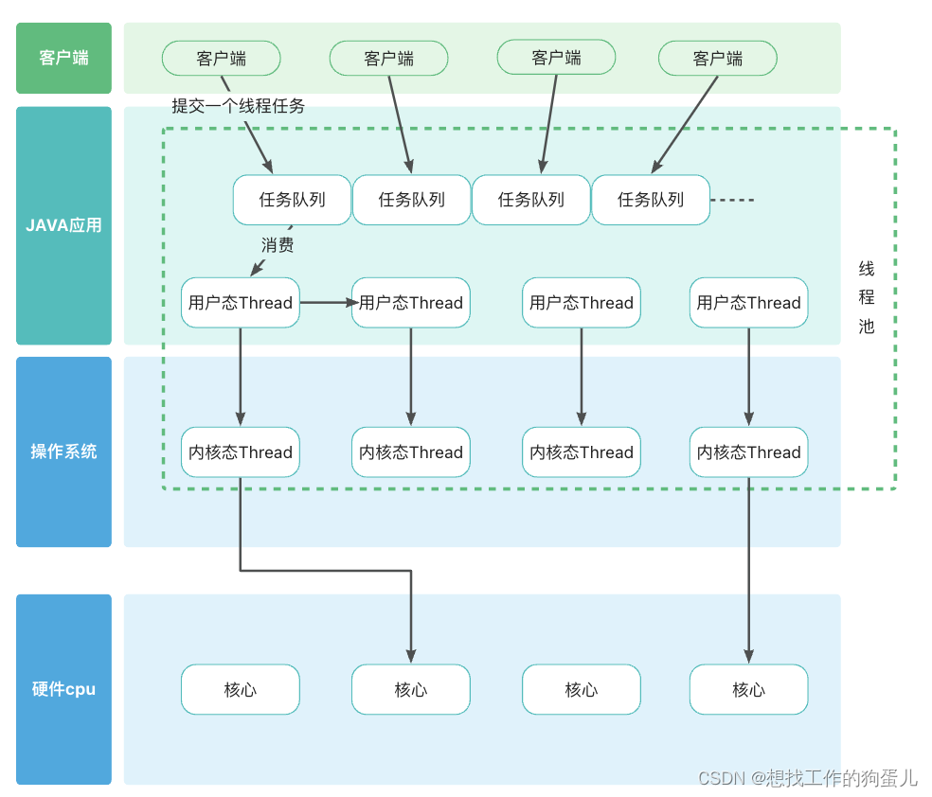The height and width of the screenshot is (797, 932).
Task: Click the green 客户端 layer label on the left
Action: point(63,58)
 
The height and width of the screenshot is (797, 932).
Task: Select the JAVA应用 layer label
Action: point(63,225)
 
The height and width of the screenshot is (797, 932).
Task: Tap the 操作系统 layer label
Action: point(63,452)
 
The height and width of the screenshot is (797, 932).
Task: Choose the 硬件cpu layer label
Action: point(63,689)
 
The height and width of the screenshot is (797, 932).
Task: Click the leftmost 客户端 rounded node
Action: point(221,59)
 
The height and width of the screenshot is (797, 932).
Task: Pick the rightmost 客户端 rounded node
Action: point(717,59)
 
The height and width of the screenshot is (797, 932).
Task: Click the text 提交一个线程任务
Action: point(238,106)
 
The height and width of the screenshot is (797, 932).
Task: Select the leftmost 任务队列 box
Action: point(292,200)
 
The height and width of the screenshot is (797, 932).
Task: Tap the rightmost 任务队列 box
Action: point(650,200)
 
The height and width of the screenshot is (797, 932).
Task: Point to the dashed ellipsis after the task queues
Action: point(733,200)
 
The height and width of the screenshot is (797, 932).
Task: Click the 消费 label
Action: point(278,245)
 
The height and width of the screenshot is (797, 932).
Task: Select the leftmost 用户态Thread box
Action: point(240,303)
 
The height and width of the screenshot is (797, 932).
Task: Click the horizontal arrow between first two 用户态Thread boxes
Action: point(327,303)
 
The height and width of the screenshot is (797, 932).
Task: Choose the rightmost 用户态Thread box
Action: point(748,303)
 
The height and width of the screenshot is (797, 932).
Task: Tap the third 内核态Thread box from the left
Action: point(581,452)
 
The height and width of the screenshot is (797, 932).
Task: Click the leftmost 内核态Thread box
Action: point(240,452)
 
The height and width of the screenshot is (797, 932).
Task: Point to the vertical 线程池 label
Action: point(866,297)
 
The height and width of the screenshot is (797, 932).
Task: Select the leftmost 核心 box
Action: point(240,690)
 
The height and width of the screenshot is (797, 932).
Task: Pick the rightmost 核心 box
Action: point(748,690)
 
